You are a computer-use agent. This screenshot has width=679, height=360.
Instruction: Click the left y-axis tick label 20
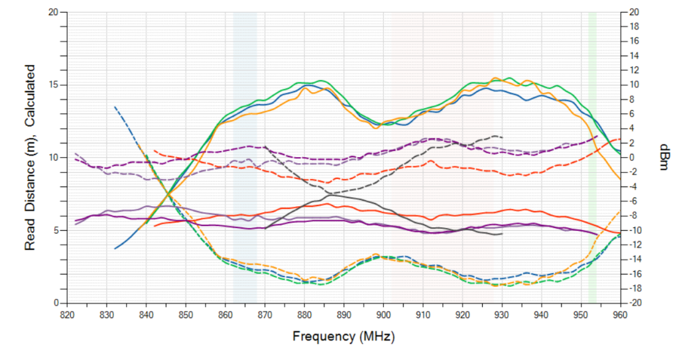point(54,13)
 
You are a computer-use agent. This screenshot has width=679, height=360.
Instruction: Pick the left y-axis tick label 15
point(54,85)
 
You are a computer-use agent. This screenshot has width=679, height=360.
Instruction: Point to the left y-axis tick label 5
point(56,230)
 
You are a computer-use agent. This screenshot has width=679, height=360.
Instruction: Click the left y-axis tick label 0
point(56,303)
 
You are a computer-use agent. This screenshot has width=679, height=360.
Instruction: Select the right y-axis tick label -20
point(635,303)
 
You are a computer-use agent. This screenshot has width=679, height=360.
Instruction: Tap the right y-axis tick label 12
point(634,70)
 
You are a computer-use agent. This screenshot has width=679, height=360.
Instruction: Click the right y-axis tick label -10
point(635,230)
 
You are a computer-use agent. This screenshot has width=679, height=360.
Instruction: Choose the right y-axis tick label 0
point(633,158)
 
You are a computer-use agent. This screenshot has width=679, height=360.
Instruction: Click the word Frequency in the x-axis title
point(323,336)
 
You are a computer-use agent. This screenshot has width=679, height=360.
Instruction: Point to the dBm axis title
point(664,157)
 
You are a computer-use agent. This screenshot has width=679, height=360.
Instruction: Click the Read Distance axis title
point(30,157)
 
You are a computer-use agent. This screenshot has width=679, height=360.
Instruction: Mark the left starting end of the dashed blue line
point(115,106)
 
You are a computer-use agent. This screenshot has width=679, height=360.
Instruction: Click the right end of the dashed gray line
point(503,137)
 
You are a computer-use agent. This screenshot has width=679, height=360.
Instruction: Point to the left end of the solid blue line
point(115,249)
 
